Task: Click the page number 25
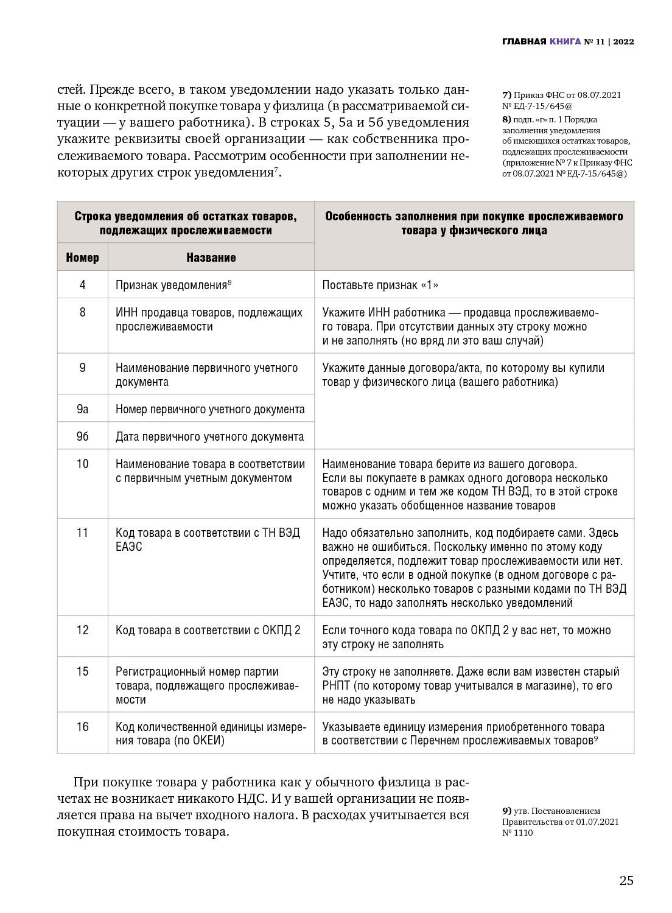tap(626, 881)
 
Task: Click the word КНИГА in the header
tap(565, 42)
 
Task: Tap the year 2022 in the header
tap(623, 42)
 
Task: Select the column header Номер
tap(82, 257)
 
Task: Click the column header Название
tap(211, 257)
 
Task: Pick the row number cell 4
tap(82, 285)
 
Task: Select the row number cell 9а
tap(82, 409)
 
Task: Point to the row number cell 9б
tap(82, 436)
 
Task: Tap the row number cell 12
tap(82, 630)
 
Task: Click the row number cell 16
tap(82, 727)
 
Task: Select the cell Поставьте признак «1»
tap(380, 285)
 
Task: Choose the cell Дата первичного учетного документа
tap(209, 436)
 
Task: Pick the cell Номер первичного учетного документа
tap(210, 409)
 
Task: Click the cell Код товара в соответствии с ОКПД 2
tap(208, 630)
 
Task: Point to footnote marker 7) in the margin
tap(506, 95)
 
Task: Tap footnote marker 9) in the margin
tap(506, 811)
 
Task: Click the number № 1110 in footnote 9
tap(517, 833)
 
